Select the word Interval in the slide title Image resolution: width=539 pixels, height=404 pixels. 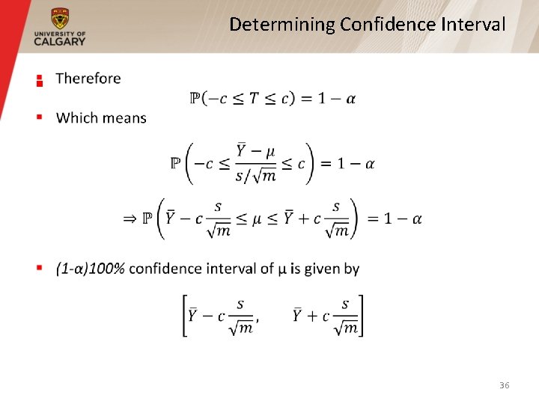[473, 25]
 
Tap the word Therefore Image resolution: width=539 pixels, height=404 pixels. [88, 79]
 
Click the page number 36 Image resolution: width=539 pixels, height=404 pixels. [504, 385]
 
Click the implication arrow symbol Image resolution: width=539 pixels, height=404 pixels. [130, 218]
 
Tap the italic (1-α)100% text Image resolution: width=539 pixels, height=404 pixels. [90, 269]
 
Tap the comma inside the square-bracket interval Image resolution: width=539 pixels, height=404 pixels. [258, 320]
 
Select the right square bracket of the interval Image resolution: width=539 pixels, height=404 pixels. [362, 316]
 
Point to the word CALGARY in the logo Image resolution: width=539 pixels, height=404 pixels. [60, 42]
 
